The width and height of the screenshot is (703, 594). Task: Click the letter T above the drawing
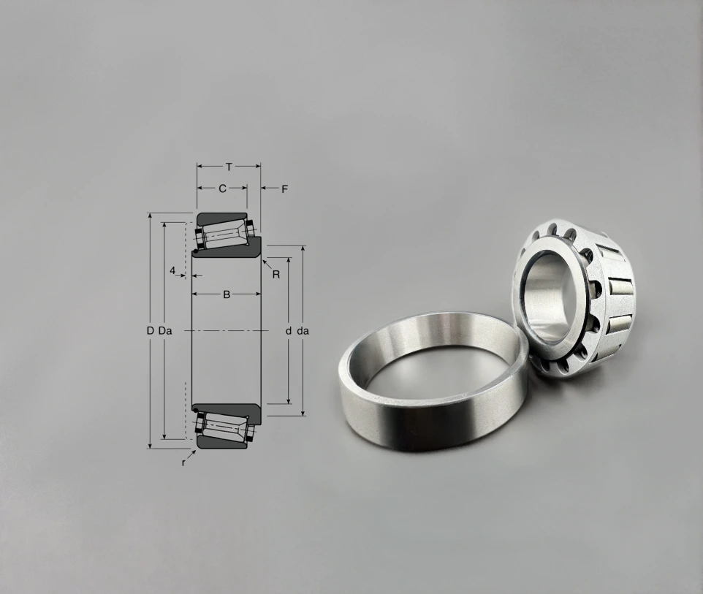pyautogui.click(x=229, y=167)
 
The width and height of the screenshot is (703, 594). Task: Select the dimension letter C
pyautogui.click(x=222, y=189)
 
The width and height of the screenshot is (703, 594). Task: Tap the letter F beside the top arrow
pyautogui.click(x=284, y=189)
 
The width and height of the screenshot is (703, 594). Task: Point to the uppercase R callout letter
pyautogui.click(x=276, y=275)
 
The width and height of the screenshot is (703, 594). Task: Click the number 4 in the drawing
pyautogui.click(x=172, y=271)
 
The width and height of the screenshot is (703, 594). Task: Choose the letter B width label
pyautogui.click(x=227, y=294)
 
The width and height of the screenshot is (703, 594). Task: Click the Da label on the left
pyautogui.click(x=165, y=331)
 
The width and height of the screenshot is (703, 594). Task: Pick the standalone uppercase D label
pyautogui.click(x=150, y=331)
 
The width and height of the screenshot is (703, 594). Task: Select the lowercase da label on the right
pyautogui.click(x=303, y=331)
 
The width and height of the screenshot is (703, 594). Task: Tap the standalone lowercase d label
pyautogui.click(x=289, y=331)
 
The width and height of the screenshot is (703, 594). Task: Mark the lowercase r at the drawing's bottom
pyautogui.click(x=183, y=462)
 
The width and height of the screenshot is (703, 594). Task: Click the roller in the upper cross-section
pyautogui.click(x=224, y=234)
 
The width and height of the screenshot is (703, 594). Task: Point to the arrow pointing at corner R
pyautogui.click(x=266, y=264)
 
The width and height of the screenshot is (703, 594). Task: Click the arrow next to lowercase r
pyautogui.click(x=191, y=454)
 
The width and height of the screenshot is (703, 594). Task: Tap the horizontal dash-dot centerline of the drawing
pyautogui.click(x=226, y=331)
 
